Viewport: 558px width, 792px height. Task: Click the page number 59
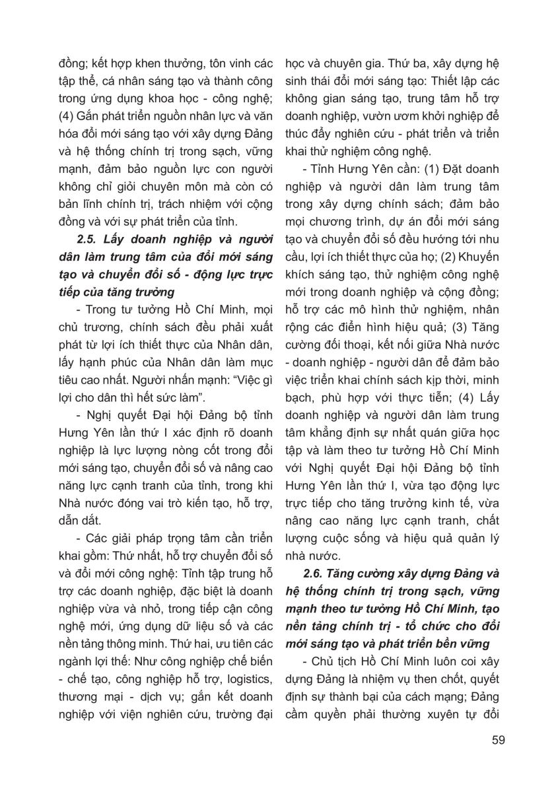click(498, 739)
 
